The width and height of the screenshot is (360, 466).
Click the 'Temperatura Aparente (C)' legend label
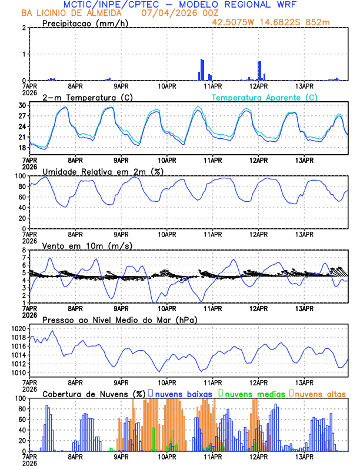pyautogui.click(x=265, y=97)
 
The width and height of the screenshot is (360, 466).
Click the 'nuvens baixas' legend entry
pyautogui.click(x=184, y=393)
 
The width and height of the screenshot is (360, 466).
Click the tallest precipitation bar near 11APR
pyautogui.click(x=201, y=69)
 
